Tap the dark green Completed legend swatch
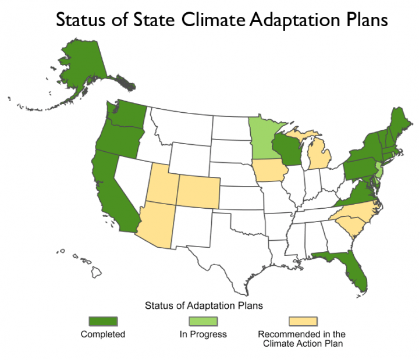point(103,321)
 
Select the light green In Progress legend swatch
point(203,321)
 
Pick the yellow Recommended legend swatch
point(303,321)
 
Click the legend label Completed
point(103,334)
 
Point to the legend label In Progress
point(203,334)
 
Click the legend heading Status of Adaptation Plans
point(203,305)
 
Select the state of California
point(113,192)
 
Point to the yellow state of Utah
point(162,184)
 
